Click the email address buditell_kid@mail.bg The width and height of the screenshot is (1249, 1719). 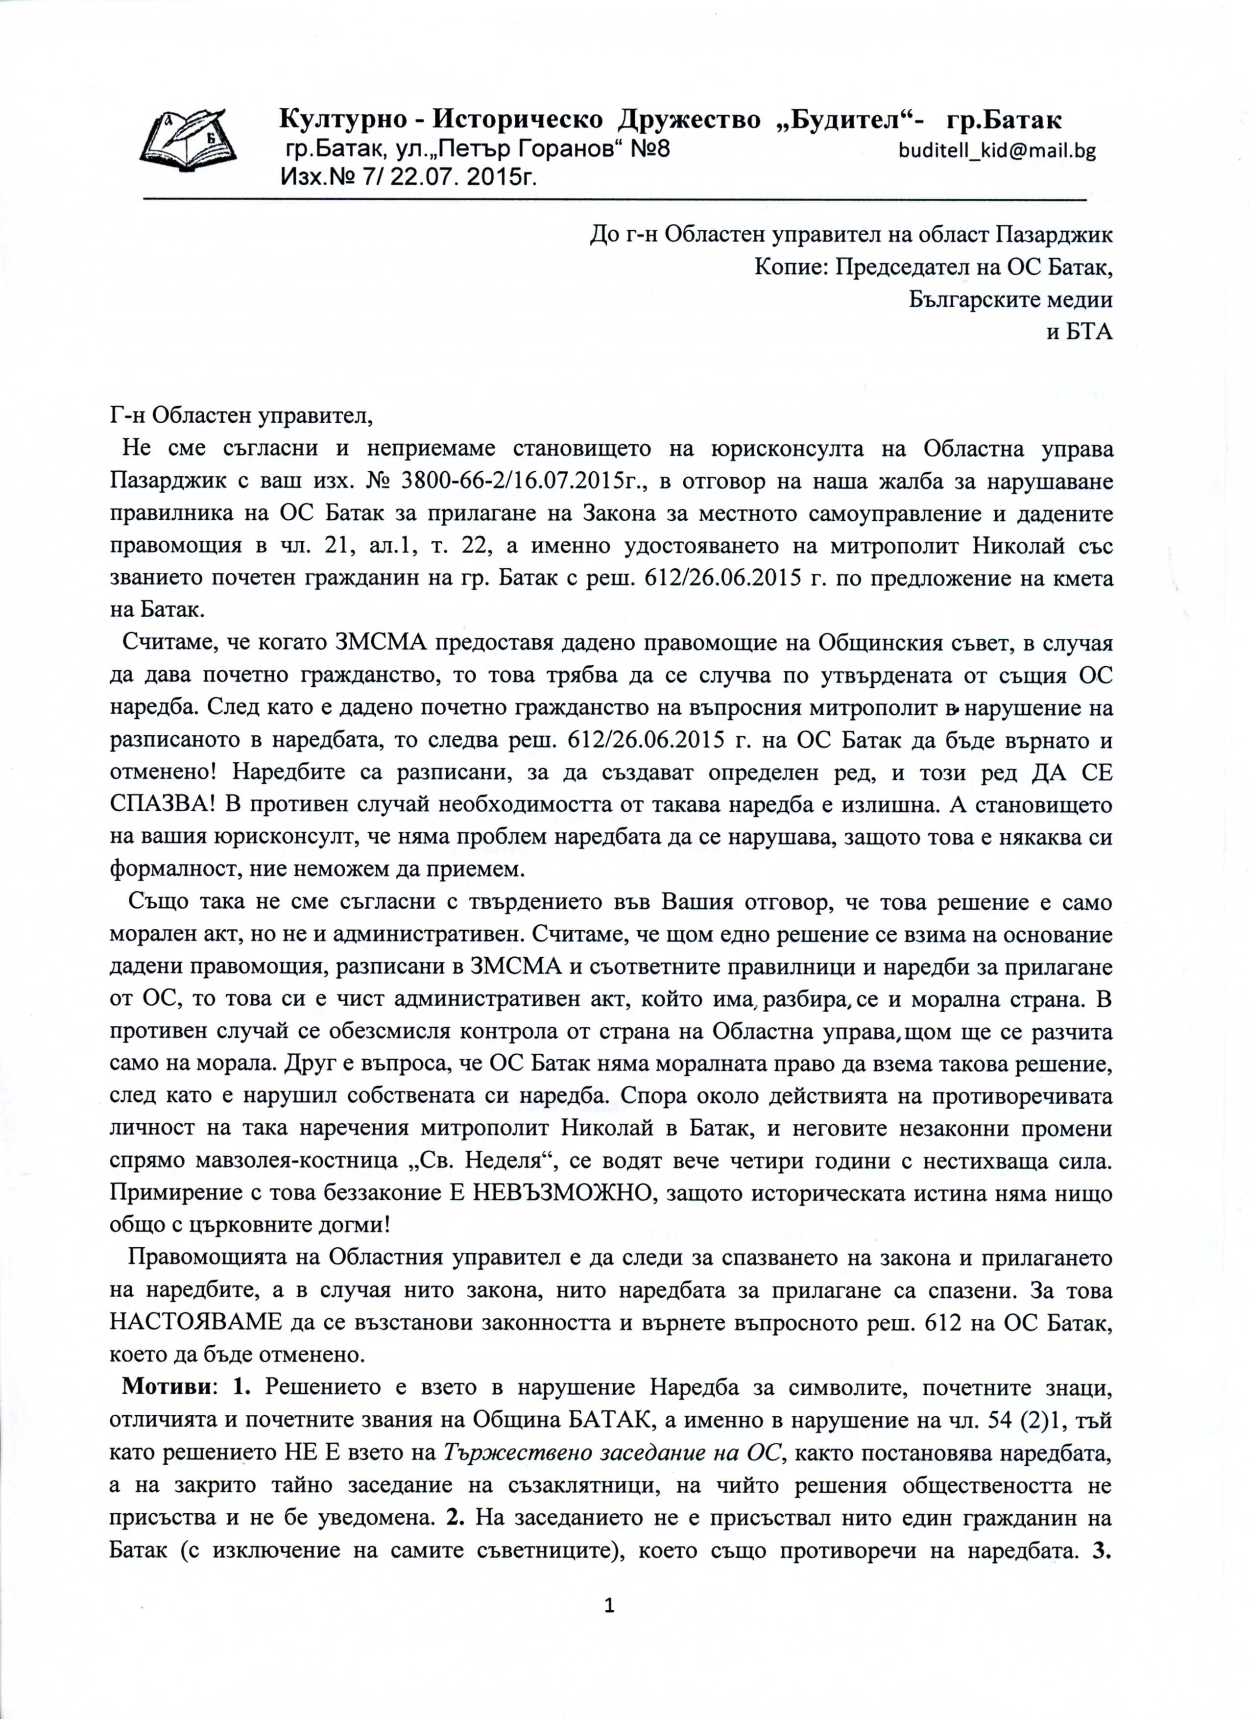tap(997, 151)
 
